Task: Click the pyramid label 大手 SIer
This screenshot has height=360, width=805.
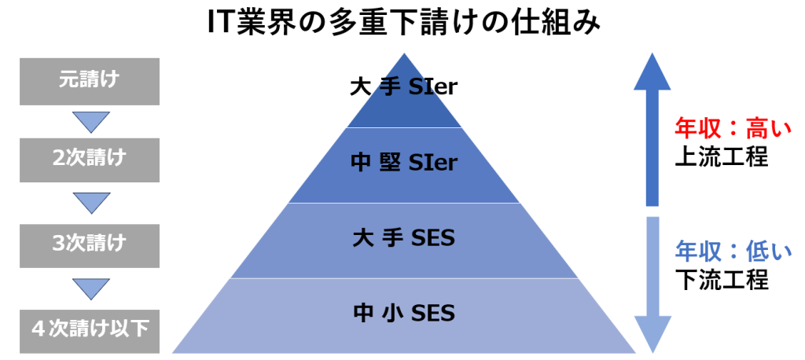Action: pyautogui.click(x=403, y=86)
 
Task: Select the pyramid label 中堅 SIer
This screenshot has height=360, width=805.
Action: pyautogui.click(x=403, y=163)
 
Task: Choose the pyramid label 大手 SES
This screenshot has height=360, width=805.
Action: pyautogui.click(x=403, y=237)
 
